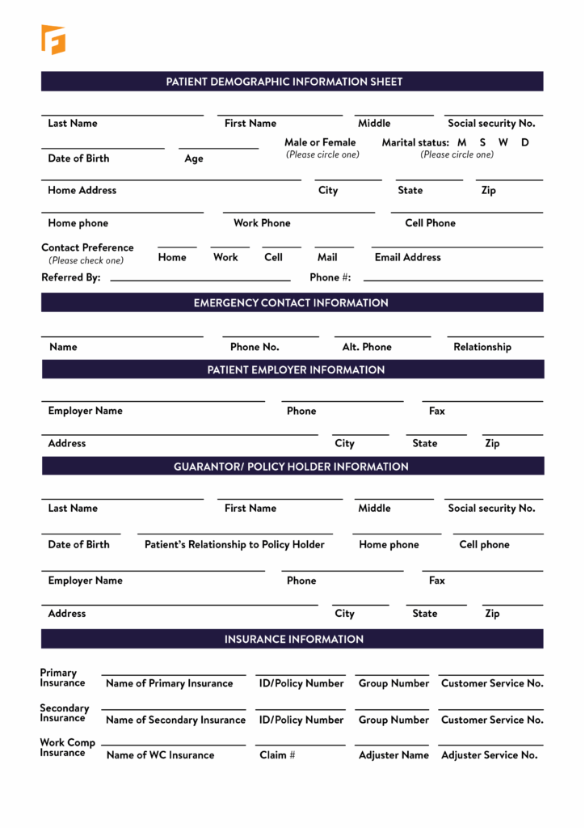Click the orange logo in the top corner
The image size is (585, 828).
(x=53, y=40)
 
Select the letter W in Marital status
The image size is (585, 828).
(x=503, y=142)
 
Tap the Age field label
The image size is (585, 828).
(x=194, y=158)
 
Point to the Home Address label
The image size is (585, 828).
(x=82, y=190)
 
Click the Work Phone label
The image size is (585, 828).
(x=262, y=223)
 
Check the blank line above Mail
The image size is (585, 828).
(x=334, y=247)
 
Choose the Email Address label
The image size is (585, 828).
(x=407, y=257)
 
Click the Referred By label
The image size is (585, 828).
(x=71, y=277)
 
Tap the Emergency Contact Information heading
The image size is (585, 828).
(x=291, y=302)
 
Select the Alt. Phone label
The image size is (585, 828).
(x=366, y=347)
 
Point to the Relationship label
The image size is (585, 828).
(x=482, y=347)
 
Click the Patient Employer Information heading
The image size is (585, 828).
(x=296, y=370)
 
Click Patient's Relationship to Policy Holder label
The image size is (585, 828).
(x=234, y=544)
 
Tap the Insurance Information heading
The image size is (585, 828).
(x=294, y=639)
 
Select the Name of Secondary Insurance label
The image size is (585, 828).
(x=175, y=720)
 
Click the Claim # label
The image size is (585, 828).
(x=277, y=754)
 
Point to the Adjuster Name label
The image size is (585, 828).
(x=394, y=754)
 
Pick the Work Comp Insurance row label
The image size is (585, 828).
(x=67, y=748)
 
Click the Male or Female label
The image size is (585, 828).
(x=320, y=142)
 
